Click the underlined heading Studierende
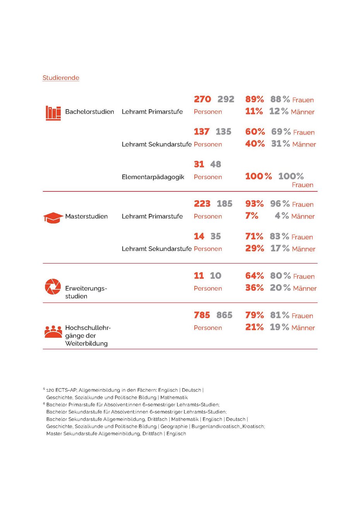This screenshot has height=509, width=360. point(61,78)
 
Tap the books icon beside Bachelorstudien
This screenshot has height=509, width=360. point(53,113)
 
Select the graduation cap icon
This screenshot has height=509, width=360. point(53,217)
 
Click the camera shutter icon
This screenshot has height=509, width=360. point(53,287)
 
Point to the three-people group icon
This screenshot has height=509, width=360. point(53,332)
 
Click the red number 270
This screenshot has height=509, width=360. point(202,99)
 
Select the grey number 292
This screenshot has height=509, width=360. point(226,99)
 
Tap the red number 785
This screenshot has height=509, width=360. point(202,315)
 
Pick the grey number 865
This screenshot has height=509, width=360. point(225,315)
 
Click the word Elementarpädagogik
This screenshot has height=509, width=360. point(153,177)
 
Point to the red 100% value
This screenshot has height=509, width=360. point(259,176)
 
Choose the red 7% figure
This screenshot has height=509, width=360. point(252,216)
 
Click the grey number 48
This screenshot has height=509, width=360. point(216,164)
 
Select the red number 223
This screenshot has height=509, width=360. point(202,204)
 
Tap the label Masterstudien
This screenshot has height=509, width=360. point(86,216)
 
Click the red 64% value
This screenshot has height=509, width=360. point(254,276)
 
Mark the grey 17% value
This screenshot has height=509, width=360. point(280,248)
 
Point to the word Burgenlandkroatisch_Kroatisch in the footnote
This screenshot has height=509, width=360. point(228,426)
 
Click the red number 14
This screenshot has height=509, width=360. point(199,236)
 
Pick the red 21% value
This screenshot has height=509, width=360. point(254,327)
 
